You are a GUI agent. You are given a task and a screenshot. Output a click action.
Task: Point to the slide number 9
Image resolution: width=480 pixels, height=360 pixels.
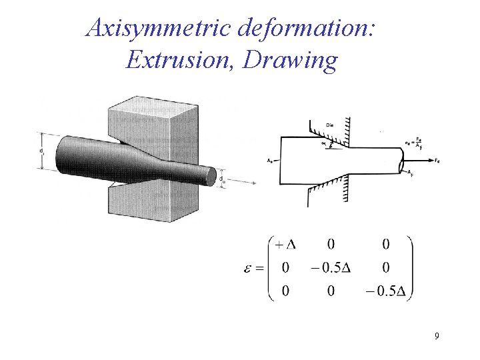436,336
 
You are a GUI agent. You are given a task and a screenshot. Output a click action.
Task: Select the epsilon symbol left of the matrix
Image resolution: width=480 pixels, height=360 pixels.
245,268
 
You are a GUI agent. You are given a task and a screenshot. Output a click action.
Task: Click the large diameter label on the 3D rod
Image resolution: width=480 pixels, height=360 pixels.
41,152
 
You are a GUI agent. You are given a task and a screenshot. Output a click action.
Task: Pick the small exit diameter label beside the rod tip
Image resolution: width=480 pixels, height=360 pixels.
222,179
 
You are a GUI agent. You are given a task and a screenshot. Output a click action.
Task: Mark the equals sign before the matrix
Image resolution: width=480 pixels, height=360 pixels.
258,268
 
